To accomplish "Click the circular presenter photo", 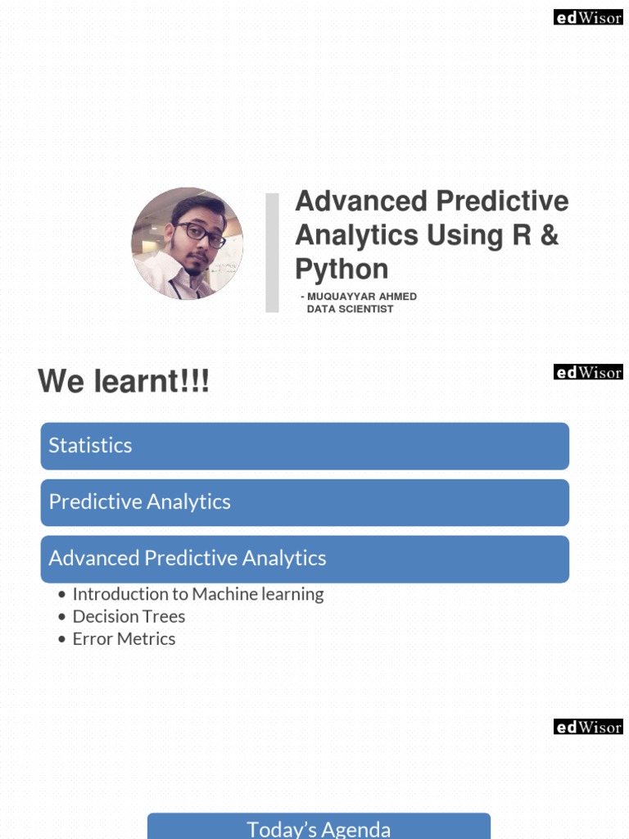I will pyautogui.click(x=187, y=243).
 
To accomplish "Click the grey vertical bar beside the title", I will pyautogui.click(x=272, y=252).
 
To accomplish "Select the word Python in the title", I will pyautogui.click(x=342, y=270).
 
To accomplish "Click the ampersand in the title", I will pyautogui.click(x=550, y=235).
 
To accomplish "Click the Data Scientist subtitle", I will pyautogui.click(x=350, y=309).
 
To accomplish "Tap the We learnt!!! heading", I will pyautogui.click(x=124, y=381).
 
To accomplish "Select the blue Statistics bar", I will pyautogui.click(x=305, y=446).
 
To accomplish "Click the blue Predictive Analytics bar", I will pyautogui.click(x=305, y=502).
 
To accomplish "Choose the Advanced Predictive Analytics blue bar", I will pyautogui.click(x=305, y=559).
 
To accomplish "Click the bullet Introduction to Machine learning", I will pyautogui.click(x=197, y=594).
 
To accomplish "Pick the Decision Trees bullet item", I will pyautogui.click(x=129, y=616).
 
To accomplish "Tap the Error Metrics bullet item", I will pyautogui.click(x=124, y=639).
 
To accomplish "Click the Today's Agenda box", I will pyautogui.click(x=319, y=828).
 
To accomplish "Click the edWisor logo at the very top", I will pyautogui.click(x=588, y=18).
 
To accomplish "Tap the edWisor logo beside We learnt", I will pyautogui.click(x=588, y=373).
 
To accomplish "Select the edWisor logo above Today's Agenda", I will pyautogui.click(x=588, y=727).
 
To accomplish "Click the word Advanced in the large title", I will pyautogui.click(x=360, y=201).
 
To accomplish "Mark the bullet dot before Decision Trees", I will pyautogui.click(x=62, y=617).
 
